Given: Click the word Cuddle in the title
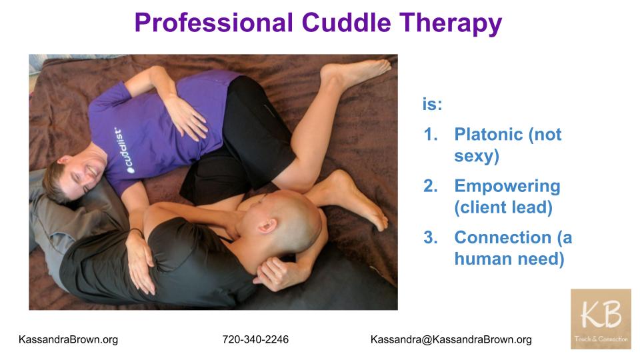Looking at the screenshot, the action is coord(347,23).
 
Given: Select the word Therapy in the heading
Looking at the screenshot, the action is coord(451,24).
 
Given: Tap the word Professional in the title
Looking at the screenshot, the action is coord(214,23).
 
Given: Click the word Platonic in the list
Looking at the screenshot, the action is coord(489,134).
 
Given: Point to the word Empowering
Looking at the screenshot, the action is coord(507,187).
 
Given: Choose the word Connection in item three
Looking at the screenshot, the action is coord(503,237).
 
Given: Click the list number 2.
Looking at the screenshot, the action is coord(430,186).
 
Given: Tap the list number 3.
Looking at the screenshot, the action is coord(430,237).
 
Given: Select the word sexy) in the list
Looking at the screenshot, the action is coord(477,156).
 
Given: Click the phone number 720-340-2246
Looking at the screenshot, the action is coord(255,339).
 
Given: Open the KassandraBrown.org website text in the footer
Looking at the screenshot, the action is coord(68,339).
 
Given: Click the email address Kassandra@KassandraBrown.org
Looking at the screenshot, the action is coord(451,339).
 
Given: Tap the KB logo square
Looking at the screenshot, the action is coord(601,319).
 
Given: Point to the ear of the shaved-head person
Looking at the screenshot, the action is coord(267,225).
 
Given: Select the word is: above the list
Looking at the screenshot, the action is coord(432,104).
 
